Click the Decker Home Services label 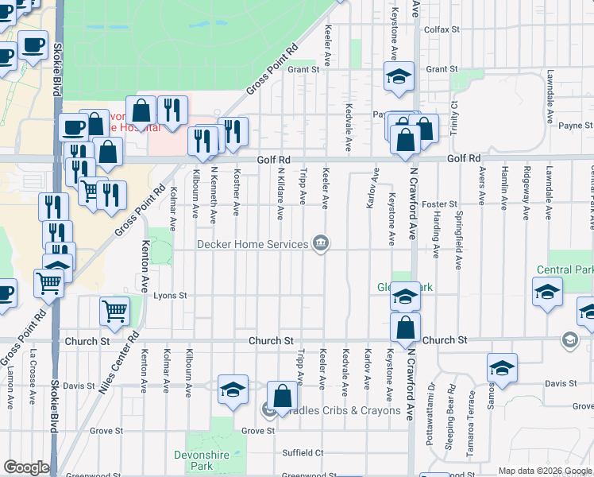coord(252,244)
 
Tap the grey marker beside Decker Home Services coord(321,243)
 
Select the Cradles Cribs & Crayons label coord(339,410)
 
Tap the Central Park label coord(565,270)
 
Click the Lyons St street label coord(170,295)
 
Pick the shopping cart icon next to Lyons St coord(115,312)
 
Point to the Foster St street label coord(440,204)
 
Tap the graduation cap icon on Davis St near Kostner coord(233,389)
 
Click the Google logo coord(26,467)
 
